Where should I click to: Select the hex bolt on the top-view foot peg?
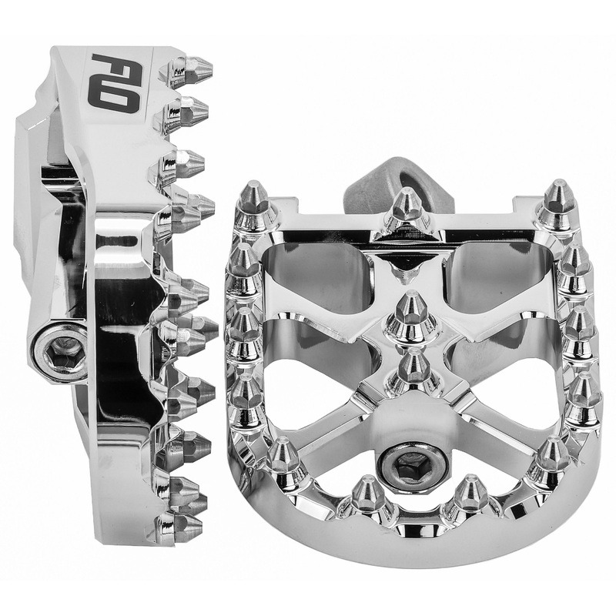[413, 464]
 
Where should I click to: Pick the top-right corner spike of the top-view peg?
[559, 202]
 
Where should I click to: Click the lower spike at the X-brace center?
[413, 368]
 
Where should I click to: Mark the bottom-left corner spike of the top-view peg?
[283, 460]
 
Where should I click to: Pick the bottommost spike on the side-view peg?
[181, 527]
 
